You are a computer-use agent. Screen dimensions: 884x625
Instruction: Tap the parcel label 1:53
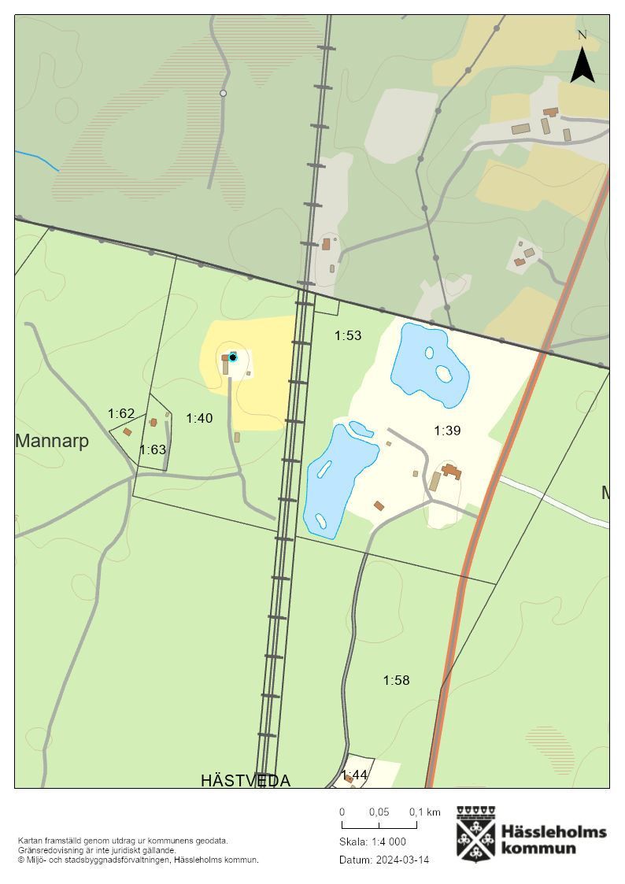pyautogui.click(x=348, y=335)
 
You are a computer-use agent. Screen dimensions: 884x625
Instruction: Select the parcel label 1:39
pyautogui.click(x=447, y=431)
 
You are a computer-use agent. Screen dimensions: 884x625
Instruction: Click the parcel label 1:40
pyautogui.click(x=199, y=418)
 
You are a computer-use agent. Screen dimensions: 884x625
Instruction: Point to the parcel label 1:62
pyautogui.click(x=121, y=413)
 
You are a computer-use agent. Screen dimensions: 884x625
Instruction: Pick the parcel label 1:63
pyautogui.click(x=153, y=449)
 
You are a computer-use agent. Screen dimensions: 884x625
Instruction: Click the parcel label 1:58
pyautogui.click(x=396, y=680)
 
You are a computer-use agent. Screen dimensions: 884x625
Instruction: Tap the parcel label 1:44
pyautogui.click(x=354, y=775)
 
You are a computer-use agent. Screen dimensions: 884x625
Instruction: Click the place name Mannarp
pyautogui.click(x=52, y=441)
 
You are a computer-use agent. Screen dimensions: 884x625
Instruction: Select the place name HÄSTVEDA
pyautogui.click(x=246, y=780)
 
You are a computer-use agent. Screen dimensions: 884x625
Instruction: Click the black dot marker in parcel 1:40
pyautogui.click(x=233, y=357)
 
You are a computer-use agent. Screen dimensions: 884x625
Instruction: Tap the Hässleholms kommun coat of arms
pyautogui.click(x=476, y=834)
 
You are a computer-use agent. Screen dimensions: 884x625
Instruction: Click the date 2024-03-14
pyautogui.click(x=402, y=860)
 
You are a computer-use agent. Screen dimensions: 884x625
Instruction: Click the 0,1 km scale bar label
pyautogui.click(x=424, y=812)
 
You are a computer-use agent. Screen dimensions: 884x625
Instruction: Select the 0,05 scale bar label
pyautogui.click(x=379, y=812)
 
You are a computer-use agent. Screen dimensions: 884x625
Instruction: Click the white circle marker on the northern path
pyautogui.click(x=223, y=93)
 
